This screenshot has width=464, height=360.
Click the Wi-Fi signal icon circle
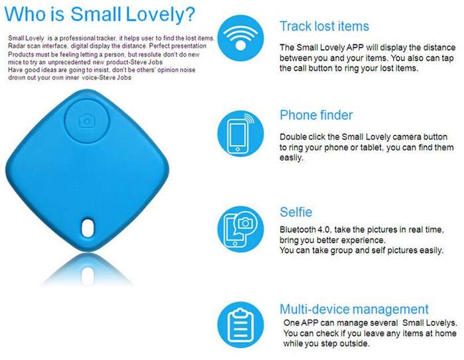[240, 38]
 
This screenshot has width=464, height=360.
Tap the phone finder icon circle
[240, 134]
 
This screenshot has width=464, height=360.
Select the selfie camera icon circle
[240, 229]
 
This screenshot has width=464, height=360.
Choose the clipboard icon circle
[240, 325]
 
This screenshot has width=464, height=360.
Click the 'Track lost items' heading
[324, 27]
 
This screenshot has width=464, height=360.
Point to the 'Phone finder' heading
[316, 115]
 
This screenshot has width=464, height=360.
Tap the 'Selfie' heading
[296, 212]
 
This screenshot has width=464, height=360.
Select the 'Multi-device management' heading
[354, 309]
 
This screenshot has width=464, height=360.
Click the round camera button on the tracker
[87, 121]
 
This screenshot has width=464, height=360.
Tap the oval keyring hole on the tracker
[87, 227]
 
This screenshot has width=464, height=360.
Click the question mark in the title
[190, 14]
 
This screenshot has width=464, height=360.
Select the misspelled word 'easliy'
[292, 158]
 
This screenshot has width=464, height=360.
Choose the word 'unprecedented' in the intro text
[69, 62]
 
